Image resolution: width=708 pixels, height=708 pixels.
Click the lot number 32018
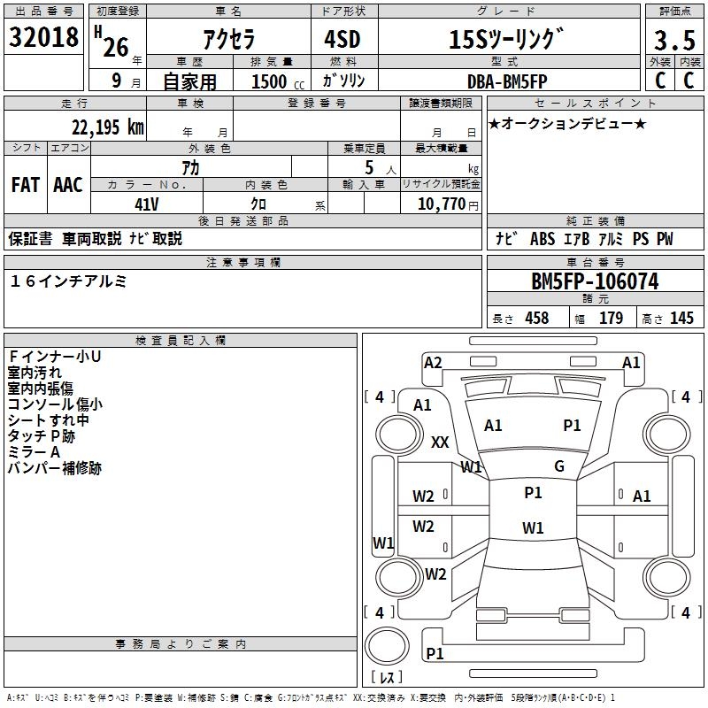click(x=44, y=38)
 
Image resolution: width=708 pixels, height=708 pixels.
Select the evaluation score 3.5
click(x=673, y=41)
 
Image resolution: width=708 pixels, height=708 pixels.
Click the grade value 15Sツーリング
click(x=506, y=40)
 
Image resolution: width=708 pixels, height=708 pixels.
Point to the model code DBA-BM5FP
click(x=506, y=81)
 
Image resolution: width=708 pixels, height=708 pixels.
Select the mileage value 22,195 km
click(x=108, y=127)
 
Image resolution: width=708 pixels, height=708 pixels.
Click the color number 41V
click(x=147, y=203)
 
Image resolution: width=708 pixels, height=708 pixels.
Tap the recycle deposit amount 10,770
click(x=441, y=204)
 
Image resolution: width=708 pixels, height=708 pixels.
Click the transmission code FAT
click(x=26, y=184)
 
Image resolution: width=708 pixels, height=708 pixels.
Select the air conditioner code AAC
click(x=67, y=184)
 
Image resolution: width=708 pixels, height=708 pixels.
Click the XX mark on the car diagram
click(x=440, y=442)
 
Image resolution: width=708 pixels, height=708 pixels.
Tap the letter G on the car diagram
click(x=559, y=466)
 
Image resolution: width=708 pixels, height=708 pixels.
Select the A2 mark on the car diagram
click(x=433, y=362)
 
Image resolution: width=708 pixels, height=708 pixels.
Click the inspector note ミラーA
click(x=34, y=452)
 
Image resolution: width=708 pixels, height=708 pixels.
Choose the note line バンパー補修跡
click(x=55, y=468)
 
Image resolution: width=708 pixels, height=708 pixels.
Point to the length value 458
click(x=537, y=319)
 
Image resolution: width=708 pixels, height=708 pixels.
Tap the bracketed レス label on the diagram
click(x=387, y=678)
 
